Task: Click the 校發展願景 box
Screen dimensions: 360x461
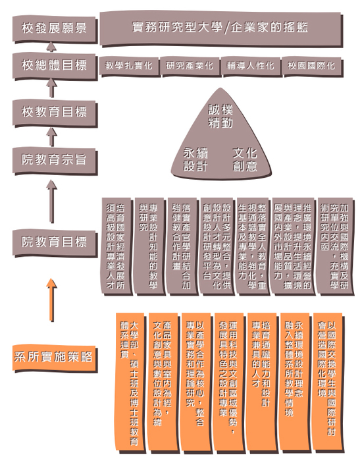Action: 54,29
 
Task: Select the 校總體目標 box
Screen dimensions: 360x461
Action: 54,66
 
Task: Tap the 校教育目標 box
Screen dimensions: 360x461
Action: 54,113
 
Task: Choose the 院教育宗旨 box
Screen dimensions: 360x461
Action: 54,160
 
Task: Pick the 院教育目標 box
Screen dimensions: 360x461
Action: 54,242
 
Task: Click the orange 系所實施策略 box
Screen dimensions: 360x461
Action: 54,358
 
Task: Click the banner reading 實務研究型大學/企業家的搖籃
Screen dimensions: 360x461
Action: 220,28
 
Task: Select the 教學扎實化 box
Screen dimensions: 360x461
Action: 129,65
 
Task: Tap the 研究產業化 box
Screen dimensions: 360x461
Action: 190,65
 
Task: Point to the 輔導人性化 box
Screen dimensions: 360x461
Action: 250,65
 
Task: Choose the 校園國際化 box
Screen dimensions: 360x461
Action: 311,65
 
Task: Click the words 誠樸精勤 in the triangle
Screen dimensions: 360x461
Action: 220,117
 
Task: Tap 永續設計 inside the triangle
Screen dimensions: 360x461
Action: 195,159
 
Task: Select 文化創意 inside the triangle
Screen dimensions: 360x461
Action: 245,159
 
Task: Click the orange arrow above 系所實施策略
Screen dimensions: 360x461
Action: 52,299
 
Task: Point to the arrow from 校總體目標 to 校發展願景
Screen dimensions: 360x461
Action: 51,47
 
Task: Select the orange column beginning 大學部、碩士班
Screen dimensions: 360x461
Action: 130,381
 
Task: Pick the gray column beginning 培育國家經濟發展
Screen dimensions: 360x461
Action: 116,245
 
